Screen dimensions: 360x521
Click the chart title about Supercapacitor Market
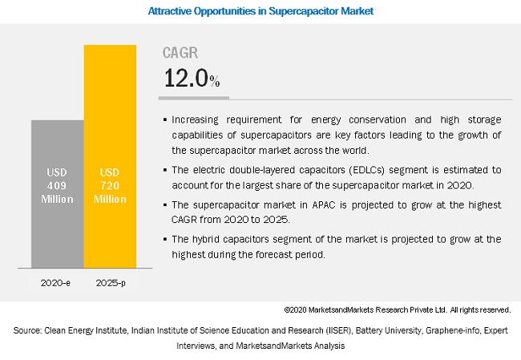(260, 12)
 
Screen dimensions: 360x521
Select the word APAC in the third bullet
(297, 205)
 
